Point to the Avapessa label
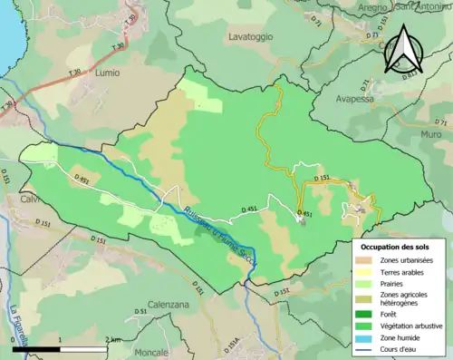[x=354, y=99]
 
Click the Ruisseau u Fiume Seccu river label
[x=208, y=232]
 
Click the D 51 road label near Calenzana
[x=141, y=311]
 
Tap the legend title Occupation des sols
[x=396, y=247]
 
